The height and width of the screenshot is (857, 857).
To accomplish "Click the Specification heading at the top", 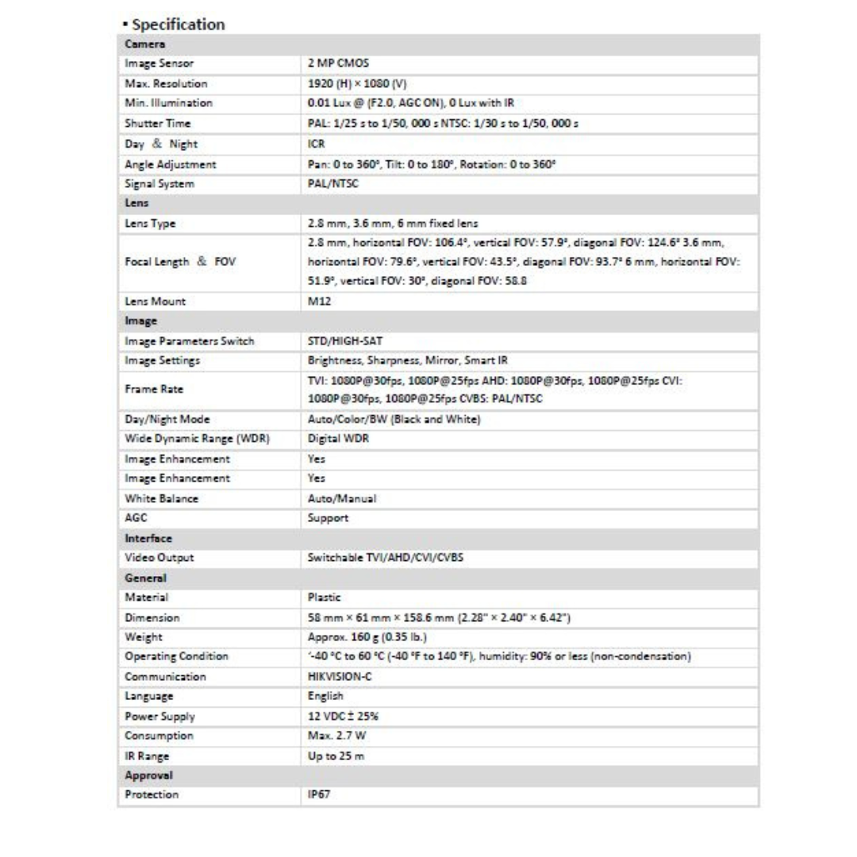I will pyautogui.click(x=174, y=24).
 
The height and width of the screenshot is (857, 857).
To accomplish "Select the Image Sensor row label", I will pyautogui.click(x=159, y=63).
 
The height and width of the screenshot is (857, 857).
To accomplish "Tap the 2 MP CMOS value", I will pyautogui.click(x=335, y=63).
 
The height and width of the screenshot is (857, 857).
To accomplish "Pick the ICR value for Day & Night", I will pyautogui.click(x=316, y=144).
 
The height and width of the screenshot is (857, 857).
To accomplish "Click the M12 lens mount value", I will pyautogui.click(x=317, y=302).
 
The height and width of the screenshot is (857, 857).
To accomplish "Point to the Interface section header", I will pyautogui.click(x=148, y=538).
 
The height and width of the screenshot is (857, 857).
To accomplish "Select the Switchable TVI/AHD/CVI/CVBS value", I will pyautogui.click(x=385, y=558).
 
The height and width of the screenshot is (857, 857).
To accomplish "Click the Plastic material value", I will pyautogui.click(x=324, y=597).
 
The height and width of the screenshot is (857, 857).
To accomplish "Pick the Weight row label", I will pyautogui.click(x=144, y=636).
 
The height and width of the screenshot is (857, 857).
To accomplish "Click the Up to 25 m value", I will pyautogui.click(x=336, y=755).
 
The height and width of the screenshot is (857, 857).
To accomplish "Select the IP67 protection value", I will pyautogui.click(x=319, y=794).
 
